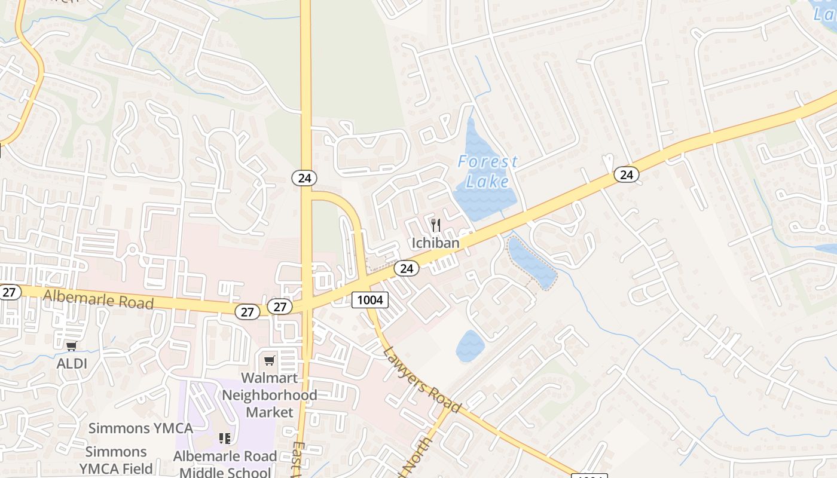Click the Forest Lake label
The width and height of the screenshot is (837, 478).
point(487,171)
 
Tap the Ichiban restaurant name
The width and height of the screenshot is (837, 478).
point(435,243)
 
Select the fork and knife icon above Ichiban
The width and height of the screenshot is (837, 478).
point(436,225)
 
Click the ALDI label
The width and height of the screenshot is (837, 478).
point(72,363)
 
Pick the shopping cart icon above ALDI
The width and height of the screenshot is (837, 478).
point(72,346)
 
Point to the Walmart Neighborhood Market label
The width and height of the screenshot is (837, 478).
point(270,395)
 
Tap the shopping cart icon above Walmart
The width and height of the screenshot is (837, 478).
point(270,360)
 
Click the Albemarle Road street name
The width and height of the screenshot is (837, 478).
point(99,298)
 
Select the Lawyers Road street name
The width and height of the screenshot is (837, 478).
point(421,380)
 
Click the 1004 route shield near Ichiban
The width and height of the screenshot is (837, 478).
point(370,299)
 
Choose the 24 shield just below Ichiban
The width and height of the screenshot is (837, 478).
point(407,268)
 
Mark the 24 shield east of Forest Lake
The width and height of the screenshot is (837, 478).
point(626,174)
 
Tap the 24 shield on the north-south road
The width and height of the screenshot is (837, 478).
point(304,177)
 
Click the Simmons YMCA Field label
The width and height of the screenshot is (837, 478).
point(116,460)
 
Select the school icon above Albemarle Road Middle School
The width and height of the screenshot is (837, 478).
point(225,439)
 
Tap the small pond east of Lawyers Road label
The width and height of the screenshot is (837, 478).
point(470,345)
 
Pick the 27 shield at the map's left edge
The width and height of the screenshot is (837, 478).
point(10,292)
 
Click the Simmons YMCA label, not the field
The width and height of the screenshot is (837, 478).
point(140,428)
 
